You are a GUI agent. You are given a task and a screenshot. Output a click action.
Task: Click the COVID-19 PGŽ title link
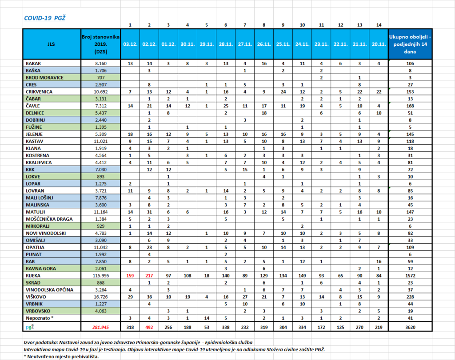click(45, 18)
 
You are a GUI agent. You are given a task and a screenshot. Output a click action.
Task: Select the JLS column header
click(51, 44)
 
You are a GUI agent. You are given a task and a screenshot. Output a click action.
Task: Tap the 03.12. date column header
click(130, 44)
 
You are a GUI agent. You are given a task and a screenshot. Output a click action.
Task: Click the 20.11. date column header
click(379, 44)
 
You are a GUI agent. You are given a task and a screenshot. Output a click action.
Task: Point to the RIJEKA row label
click(33, 276)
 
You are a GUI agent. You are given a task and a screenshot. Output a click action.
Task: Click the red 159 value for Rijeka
click(130, 276)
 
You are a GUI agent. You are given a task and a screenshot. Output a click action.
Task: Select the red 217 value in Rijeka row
click(149, 276)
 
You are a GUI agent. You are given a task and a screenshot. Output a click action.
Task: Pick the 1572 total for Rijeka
click(410, 276)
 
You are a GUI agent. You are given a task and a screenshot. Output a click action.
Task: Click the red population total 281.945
click(101, 327)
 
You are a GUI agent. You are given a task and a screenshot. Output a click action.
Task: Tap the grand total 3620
click(410, 327)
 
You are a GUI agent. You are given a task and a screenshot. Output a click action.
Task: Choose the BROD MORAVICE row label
click(44, 78)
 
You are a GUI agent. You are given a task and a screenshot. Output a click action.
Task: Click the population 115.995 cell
click(101, 276)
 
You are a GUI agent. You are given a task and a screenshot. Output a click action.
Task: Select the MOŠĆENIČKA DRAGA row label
click(49, 219)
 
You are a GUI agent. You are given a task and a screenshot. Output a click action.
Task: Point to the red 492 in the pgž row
click(149, 327)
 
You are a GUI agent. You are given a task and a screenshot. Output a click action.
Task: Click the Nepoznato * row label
click(40, 318)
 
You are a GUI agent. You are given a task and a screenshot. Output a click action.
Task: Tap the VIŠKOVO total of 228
click(410, 297)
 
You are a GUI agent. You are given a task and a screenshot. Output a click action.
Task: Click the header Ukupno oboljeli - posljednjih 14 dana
click(410, 44)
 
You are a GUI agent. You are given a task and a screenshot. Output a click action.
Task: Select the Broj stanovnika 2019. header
click(101, 44)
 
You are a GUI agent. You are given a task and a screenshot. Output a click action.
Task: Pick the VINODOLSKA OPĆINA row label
click(49, 290)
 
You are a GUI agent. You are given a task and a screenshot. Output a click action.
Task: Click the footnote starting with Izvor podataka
click(138, 342)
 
